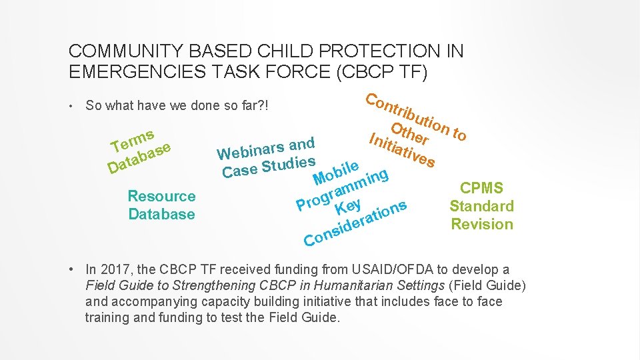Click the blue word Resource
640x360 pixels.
tap(161, 196)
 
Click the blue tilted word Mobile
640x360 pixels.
tap(337, 171)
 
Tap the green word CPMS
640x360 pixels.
tap(481, 189)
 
